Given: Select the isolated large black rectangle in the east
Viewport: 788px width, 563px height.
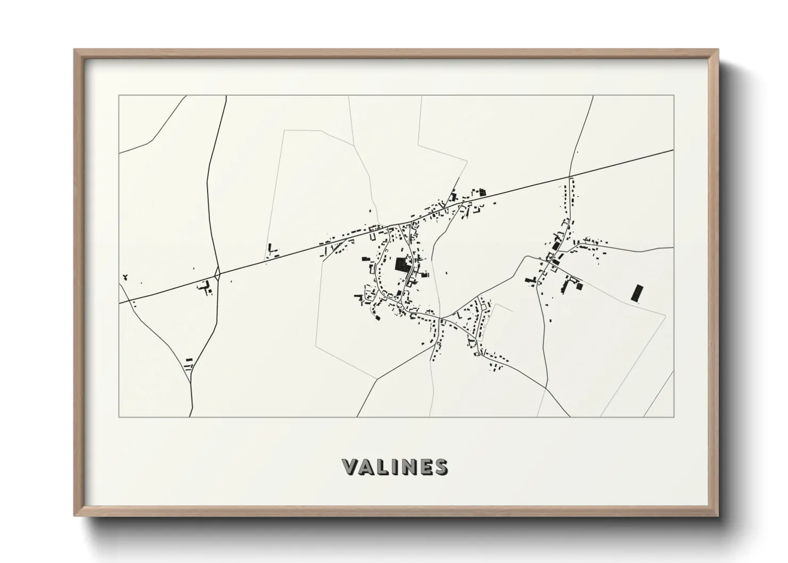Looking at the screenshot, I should [x=635, y=293].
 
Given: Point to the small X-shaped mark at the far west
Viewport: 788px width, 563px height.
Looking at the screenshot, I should [x=125, y=277].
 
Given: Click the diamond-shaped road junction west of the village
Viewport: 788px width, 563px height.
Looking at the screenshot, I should [x=218, y=274].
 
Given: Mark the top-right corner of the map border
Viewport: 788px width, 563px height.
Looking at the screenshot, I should [x=674, y=96].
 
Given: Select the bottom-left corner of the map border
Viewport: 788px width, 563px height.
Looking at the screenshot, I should [x=119, y=417].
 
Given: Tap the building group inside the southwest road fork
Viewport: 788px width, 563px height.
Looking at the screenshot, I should [x=188, y=363].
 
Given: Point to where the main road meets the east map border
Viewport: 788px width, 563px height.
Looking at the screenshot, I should [x=674, y=150].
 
